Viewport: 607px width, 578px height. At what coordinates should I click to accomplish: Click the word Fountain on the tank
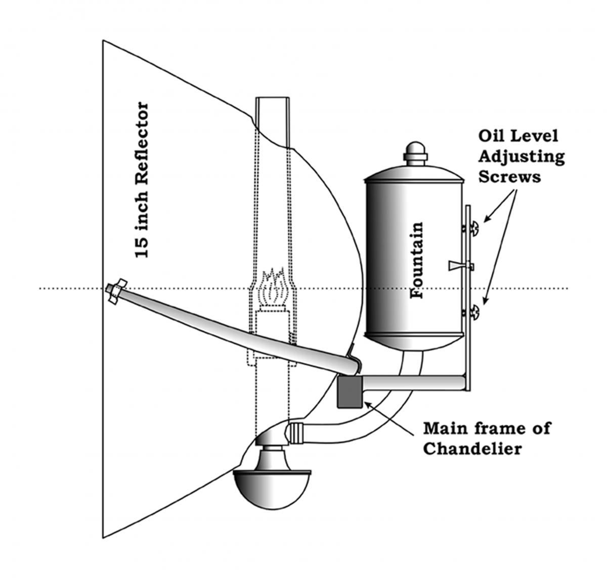click(416, 260)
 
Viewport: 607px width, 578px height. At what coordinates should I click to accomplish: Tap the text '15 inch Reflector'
click(142, 180)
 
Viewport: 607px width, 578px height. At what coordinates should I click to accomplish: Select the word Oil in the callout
click(491, 136)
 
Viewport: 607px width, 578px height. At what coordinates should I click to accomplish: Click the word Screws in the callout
click(509, 177)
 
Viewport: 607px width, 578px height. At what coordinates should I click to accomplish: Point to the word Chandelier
click(472, 449)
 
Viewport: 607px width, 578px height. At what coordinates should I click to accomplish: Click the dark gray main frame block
click(350, 392)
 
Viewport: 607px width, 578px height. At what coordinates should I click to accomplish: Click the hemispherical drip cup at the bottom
click(272, 493)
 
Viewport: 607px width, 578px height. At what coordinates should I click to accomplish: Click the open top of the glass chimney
click(272, 98)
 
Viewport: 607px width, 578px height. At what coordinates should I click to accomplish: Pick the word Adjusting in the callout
click(522, 157)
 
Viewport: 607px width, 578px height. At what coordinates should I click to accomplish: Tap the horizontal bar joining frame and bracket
click(413, 383)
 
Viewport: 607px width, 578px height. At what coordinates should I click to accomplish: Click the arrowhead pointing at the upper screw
click(487, 218)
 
